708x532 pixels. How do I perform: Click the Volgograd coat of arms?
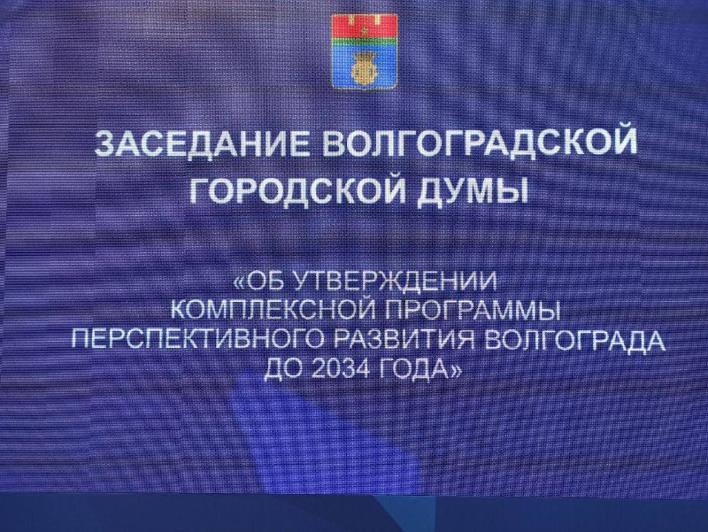[x=365, y=51]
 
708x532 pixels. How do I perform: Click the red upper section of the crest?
[x=365, y=27]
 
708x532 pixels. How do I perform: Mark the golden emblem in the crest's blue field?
[x=365, y=68]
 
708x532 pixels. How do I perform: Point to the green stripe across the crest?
[x=365, y=42]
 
